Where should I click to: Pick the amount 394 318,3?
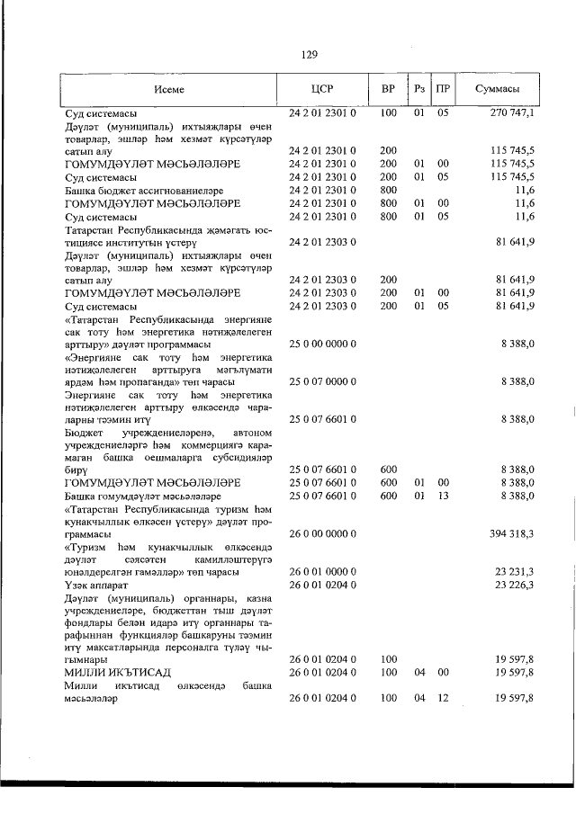[512, 533]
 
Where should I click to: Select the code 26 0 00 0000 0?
[323, 533]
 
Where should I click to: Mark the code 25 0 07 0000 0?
[323, 382]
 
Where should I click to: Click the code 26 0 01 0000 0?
[323, 572]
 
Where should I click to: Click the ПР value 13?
[443, 496]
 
